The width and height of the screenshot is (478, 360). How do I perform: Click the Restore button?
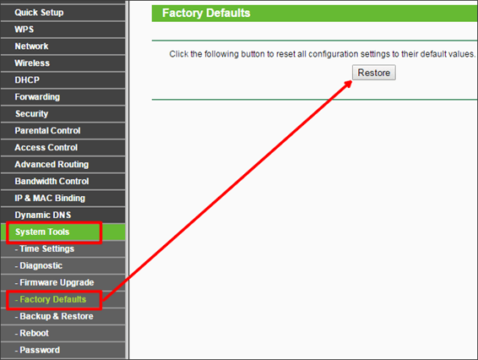pyautogui.click(x=374, y=73)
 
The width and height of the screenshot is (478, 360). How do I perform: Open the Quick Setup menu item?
pyautogui.click(x=39, y=13)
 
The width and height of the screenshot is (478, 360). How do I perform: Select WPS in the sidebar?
pyautogui.click(x=24, y=30)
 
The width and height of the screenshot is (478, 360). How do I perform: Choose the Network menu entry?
pyautogui.click(x=31, y=46)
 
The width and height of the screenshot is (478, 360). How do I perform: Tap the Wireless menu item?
pyautogui.click(x=32, y=63)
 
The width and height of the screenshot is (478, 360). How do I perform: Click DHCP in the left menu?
pyautogui.click(x=27, y=80)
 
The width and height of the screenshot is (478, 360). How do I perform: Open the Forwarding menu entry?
pyautogui.click(x=37, y=97)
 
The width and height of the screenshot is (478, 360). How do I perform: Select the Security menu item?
pyautogui.click(x=32, y=114)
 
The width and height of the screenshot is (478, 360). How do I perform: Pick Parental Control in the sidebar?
pyautogui.click(x=47, y=131)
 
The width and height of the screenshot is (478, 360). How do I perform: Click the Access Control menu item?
pyautogui.click(x=46, y=147)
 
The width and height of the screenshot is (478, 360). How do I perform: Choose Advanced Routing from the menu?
pyautogui.click(x=52, y=165)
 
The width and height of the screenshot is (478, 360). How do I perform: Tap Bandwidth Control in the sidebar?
pyautogui.click(x=52, y=181)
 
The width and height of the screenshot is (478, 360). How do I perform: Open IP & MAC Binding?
pyautogui.click(x=50, y=198)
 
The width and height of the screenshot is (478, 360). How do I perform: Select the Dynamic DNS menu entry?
pyautogui.click(x=43, y=215)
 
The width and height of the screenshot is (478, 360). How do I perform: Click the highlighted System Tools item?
pyautogui.click(x=42, y=232)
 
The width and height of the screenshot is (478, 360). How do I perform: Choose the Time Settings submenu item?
pyautogui.click(x=45, y=249)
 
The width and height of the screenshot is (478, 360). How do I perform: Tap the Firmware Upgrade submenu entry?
pyautogui.click(x=54, y=282)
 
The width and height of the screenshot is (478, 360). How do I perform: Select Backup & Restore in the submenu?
pyautogui.click(x=54, y=316)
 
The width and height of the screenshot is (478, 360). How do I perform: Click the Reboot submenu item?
pyautogui.click(x=32, y=333)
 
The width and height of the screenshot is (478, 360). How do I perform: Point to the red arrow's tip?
pyautogui.click(x=352, y=81)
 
